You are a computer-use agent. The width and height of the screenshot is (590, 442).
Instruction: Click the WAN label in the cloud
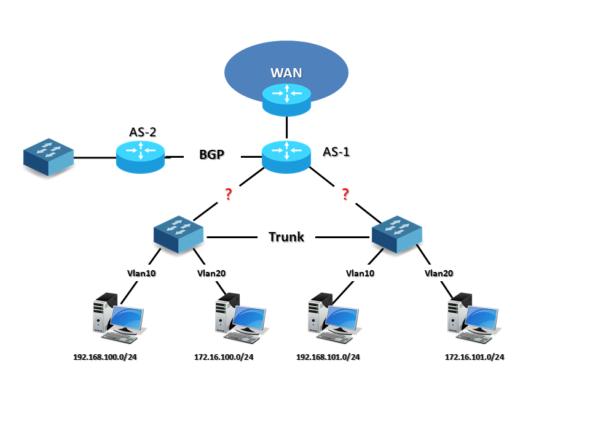point(286,72)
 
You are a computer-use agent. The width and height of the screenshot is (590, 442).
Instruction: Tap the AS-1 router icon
point(286,156)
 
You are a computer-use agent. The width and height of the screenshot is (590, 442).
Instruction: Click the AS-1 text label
point(336,152)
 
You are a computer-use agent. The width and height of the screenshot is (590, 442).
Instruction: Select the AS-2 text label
point(143,131)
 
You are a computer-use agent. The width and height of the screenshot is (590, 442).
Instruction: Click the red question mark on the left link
point(228,195)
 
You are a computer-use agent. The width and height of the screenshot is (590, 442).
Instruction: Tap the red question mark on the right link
point(345,195)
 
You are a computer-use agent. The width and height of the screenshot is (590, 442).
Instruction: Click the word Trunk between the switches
point(286,237)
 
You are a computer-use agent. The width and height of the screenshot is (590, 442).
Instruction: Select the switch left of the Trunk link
point(179,234)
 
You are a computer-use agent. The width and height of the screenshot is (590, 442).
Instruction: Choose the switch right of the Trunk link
point(397,234)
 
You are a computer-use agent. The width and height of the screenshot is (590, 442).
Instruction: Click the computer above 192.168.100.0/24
point(118,317)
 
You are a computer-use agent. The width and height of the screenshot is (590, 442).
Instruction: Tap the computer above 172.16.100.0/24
point(240,317)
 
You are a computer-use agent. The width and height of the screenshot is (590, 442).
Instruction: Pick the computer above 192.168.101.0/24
point(332,317)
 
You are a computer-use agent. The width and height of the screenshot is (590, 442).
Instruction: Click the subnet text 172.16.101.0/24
point(474,357)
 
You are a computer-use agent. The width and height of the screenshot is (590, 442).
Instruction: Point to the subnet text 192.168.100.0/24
point(105,357)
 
